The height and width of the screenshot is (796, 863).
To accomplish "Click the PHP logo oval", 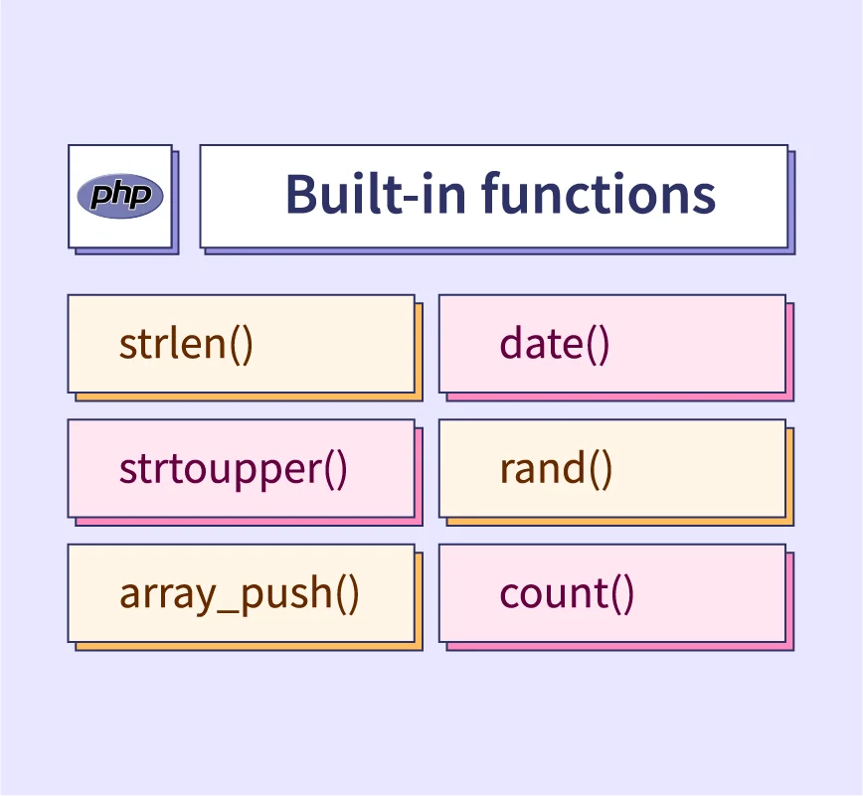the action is [120, 196].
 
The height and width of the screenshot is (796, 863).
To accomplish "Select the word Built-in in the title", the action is [376, 193].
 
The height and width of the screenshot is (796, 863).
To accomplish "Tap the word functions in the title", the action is [599, 193].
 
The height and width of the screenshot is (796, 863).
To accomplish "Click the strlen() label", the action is [186, 345].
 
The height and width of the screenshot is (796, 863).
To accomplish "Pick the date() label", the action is [555, 345].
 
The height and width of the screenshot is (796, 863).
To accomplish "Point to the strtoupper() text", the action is [234, 469].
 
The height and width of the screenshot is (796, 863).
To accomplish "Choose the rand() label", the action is [556, 469].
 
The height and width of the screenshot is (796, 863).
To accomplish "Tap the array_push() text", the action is [240, 594].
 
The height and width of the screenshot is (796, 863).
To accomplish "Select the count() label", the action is [567, 594].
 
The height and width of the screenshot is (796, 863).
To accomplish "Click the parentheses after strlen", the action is [241, 346].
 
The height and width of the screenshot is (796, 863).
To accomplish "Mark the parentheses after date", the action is [598, 346].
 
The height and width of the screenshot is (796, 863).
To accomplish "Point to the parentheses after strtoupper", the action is [336, 470].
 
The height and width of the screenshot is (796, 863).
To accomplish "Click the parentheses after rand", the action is [601, 470].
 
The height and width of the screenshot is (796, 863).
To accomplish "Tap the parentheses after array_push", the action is [347, 594].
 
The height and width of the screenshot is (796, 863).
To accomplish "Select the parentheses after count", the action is [622, 594].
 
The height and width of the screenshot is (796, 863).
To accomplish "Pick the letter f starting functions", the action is [492, 192].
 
